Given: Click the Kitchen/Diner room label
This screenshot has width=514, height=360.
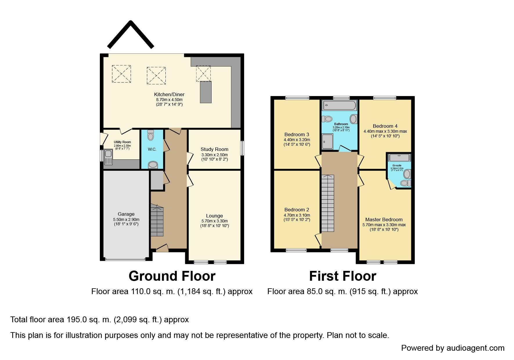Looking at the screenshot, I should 169,94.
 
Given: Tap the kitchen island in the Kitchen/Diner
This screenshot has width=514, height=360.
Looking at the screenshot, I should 205,92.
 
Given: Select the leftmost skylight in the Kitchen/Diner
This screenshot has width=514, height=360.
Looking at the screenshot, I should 121,74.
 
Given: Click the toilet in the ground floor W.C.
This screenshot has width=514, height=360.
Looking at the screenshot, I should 151,135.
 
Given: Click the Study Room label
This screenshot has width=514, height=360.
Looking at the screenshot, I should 214,149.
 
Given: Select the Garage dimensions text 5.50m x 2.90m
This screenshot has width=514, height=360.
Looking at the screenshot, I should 126,219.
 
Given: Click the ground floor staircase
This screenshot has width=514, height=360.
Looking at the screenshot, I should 157,221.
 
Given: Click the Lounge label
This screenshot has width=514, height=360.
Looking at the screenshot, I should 214,216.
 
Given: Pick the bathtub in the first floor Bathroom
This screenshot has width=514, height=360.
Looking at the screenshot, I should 339,105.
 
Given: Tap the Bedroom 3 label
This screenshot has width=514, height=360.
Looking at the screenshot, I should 297,134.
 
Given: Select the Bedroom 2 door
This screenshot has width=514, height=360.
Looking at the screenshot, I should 318,239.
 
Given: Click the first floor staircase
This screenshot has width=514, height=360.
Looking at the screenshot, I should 328,203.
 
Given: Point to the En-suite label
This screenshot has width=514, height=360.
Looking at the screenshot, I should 396,165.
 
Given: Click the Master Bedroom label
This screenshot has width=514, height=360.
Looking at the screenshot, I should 384,219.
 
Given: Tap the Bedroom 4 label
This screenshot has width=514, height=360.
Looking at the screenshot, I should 385,126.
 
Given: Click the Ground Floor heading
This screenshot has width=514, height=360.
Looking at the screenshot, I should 172,276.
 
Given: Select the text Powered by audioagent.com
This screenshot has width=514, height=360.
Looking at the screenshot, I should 452,348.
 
